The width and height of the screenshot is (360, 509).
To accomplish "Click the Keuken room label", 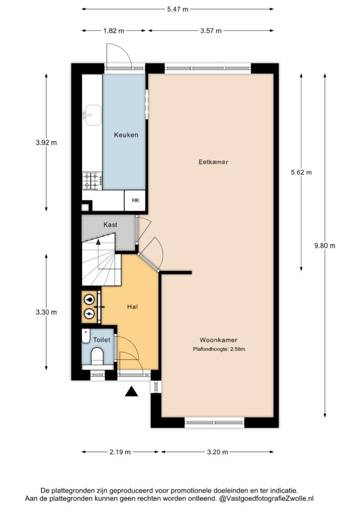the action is click(126, 135).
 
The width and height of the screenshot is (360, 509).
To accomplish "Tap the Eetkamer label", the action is click(213, 162).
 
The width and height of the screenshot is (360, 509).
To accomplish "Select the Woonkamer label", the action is click(218, 340).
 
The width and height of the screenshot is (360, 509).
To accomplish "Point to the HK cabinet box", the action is click(135, 200).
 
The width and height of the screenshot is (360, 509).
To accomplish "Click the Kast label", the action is click(110, 225).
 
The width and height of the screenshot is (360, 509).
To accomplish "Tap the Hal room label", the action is click(132, 306).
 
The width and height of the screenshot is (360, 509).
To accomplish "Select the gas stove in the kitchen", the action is click(92, 181).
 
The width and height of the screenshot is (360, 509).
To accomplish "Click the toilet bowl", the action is click(97, 356).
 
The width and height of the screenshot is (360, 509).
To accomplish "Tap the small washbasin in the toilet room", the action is click(86, 337).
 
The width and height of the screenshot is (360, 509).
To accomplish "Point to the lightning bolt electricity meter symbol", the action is click(89, 314).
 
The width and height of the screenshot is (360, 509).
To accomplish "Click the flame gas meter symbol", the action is click(89, 299).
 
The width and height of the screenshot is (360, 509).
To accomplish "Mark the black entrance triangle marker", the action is click(131, 392).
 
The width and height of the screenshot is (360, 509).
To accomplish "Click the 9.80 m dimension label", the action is click(325, 246).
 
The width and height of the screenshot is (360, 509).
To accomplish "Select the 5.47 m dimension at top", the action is click(178, 9).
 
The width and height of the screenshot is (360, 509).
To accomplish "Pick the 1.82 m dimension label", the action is click(113, 31).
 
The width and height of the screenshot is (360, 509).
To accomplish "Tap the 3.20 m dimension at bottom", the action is click(217, 452).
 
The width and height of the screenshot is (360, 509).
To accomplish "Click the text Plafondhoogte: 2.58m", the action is click(219, 349).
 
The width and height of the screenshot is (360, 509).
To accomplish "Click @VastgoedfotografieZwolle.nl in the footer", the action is click(267, 498).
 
